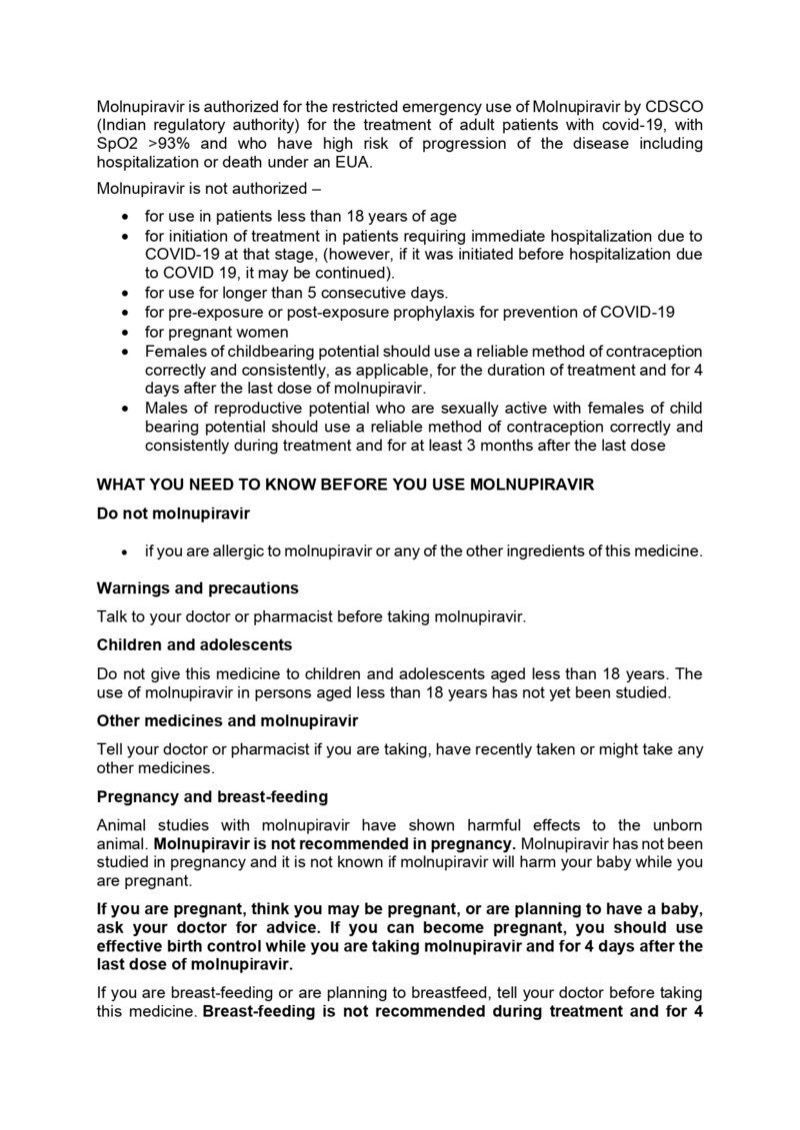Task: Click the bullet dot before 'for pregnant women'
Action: [x=123, y=332]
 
